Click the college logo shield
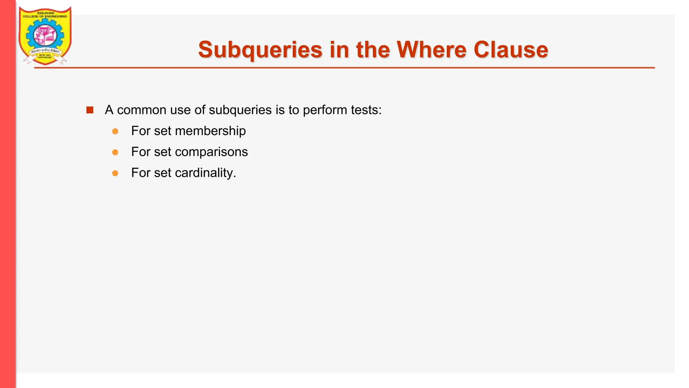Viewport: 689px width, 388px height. (45, 35)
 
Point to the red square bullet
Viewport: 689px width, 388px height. (90, 110)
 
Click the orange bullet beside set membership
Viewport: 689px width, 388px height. (115, 131)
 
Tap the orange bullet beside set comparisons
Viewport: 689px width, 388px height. (115, 152)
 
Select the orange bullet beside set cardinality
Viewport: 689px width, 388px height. (115, 173)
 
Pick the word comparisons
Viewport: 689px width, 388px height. (211, 152)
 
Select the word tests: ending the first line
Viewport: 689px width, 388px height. (366, 110)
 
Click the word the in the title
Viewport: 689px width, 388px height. (373, 50)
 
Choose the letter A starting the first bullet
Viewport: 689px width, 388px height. (109, 110)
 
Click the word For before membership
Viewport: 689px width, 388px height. (141, 131)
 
